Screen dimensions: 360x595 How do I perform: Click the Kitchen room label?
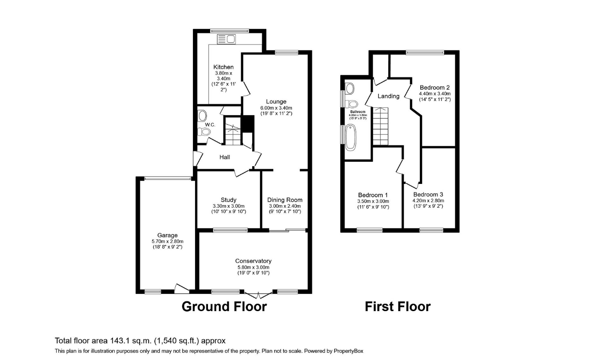[224, 67]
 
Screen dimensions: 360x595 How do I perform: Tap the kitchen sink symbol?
[226, 39]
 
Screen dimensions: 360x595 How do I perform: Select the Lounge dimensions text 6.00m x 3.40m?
[276, 108]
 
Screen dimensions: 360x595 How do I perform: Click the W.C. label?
[210, 125]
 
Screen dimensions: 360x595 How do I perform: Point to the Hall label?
[224, 157]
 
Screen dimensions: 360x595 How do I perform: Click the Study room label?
[228, 199]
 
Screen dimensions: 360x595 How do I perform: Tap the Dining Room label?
[285, 199]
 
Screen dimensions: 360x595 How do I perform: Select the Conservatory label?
[253, 261]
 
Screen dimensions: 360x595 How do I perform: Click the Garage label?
[167, 235]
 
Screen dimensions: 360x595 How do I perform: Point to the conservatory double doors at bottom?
[259, 295]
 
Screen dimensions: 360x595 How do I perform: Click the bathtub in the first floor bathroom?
[350, 137]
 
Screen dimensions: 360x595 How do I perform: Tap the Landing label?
[388, 96]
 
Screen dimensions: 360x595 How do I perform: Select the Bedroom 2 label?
[435, 87]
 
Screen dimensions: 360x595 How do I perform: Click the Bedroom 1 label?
[373, 195]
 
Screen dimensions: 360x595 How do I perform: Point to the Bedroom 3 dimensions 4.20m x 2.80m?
[428, 201]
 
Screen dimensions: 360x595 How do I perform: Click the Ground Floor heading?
[224, 306]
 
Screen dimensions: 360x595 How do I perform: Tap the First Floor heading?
[397, 306]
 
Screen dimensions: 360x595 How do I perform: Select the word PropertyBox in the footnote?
[351, 351]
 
